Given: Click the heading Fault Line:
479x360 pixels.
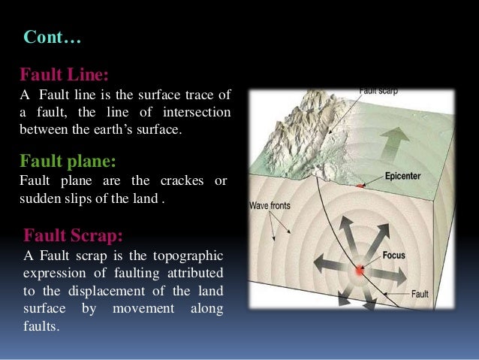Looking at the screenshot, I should click(x=64, y=75).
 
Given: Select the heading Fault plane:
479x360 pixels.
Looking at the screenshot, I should click(x=68, y=161).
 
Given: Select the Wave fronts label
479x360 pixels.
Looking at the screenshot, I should click(x=271, y=204).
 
